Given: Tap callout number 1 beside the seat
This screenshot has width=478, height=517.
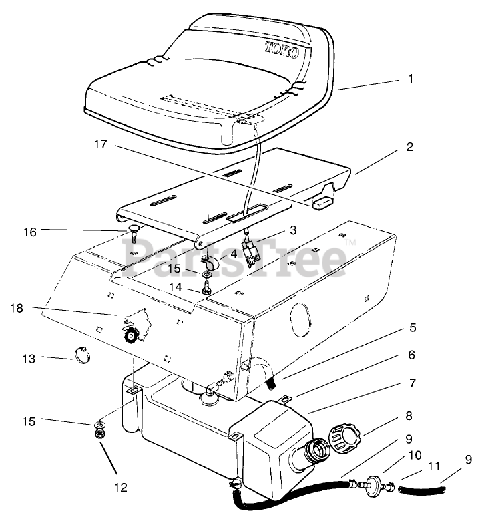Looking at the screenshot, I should point(411,78).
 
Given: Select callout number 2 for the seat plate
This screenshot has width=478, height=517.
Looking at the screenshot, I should point(409,146).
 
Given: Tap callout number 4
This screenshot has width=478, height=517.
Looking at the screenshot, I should point(234,253).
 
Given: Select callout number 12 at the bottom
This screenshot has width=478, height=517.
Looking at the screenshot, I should point(121,487).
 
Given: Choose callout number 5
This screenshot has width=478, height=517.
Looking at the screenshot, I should point(413,328).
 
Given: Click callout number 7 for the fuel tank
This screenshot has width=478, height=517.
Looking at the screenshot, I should point(413,383).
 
